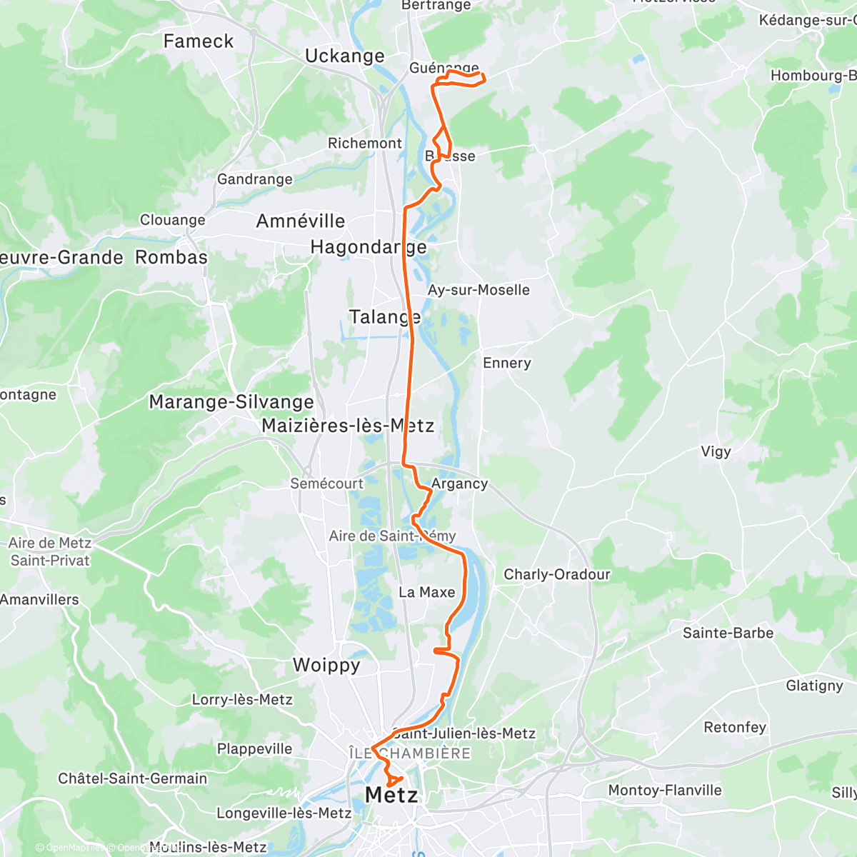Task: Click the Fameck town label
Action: tap(199, 41)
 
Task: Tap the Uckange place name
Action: tap(344, 56)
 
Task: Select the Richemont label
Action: tap(364, 144)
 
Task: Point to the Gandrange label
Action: tap(255, 179)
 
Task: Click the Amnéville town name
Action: tap(301, 221)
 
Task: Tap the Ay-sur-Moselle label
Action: tap(478, 290)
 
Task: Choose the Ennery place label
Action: tap(507, 363)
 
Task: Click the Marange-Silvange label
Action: tap(231, 402)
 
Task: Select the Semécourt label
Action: tap(326, 483)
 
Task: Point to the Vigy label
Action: tap(716, 451)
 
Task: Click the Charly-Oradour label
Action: tap(557, 574)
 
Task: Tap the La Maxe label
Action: tap(427, 592)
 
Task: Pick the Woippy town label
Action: tap(326, 666)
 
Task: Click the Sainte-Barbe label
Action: tap(728, 633)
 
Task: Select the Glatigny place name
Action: tap(815, 686)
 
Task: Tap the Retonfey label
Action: tap(735, 727)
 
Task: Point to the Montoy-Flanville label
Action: tap(665, 790)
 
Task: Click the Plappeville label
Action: tap(255, 748)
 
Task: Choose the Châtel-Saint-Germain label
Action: tap(133, 778)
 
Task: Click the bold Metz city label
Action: tap(391, 795)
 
